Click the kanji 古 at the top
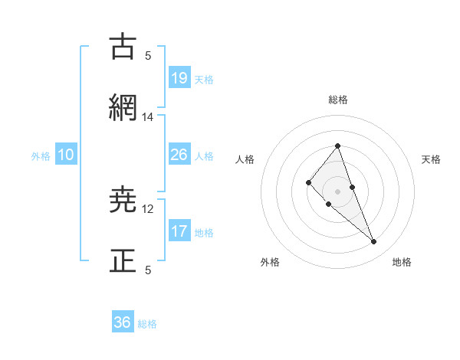pos(123,47)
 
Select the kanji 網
pos(123,109)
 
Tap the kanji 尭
pos(123,200)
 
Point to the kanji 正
pos(123,261)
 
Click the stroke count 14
pos(148,117)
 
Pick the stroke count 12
pos(148,208)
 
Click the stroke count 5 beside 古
pos(148,56)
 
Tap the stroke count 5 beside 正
pos(148,270)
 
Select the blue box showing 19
pos(179,77)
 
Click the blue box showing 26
pos(179,155)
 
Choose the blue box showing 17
pos(179,231)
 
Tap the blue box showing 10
pos(66,155)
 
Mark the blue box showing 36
pos(123,322)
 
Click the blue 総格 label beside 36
pos(147,324)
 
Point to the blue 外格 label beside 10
pos(41,156)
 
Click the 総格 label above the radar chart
pos(337,100)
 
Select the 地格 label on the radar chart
pos(402,262)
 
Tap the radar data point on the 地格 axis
pos(373,242)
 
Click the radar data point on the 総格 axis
pos(337,146)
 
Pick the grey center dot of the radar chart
pos(337,191)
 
